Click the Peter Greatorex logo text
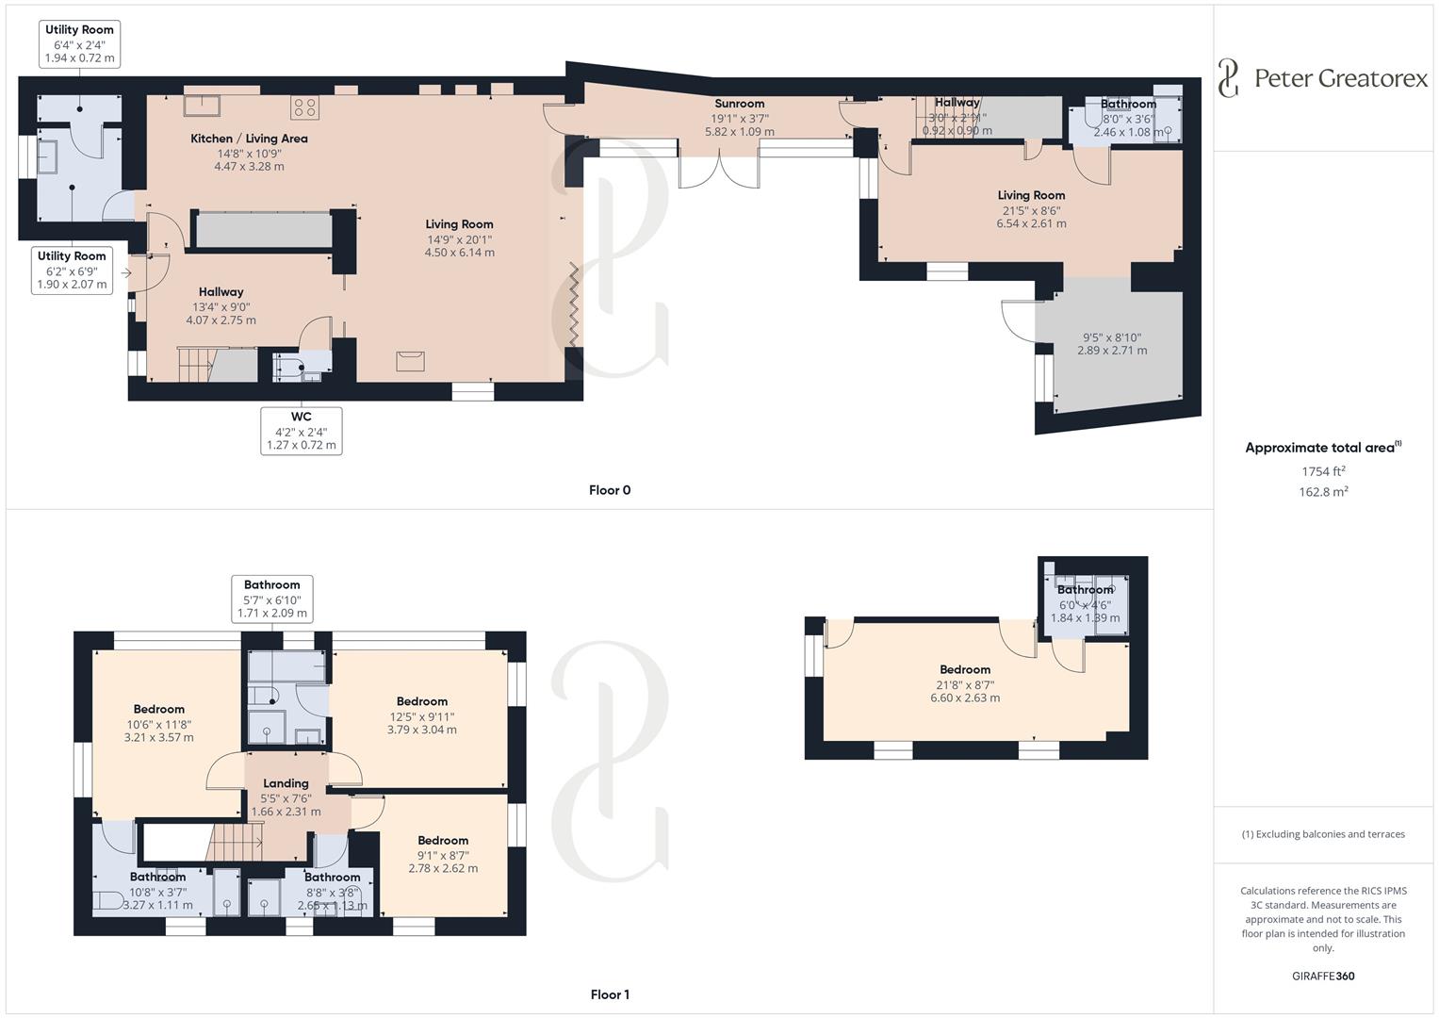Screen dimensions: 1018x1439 [1340, 78]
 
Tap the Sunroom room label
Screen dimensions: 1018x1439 [739, 104]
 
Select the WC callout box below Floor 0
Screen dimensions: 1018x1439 [301, 431]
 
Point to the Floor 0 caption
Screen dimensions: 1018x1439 [610, 490]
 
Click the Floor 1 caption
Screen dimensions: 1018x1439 [610, 994]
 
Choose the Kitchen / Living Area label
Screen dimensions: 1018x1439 [249, 139]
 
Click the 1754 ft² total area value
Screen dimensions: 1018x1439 [1323, 471]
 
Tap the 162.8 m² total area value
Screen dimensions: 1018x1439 [1323, 491]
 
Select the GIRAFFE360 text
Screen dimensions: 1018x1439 [1323, 976]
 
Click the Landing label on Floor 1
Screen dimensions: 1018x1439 [286, 783]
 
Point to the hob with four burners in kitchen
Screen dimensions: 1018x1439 [303, 107]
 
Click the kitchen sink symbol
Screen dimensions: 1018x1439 [202, 105]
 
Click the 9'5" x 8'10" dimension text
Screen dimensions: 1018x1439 [1112, 337]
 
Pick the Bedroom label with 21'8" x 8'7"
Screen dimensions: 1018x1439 [965, 669]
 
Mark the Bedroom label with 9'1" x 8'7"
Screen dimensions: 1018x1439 [443, 840]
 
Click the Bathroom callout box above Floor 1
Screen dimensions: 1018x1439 [271, 599]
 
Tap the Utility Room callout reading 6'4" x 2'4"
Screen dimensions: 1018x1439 [79, 44]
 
